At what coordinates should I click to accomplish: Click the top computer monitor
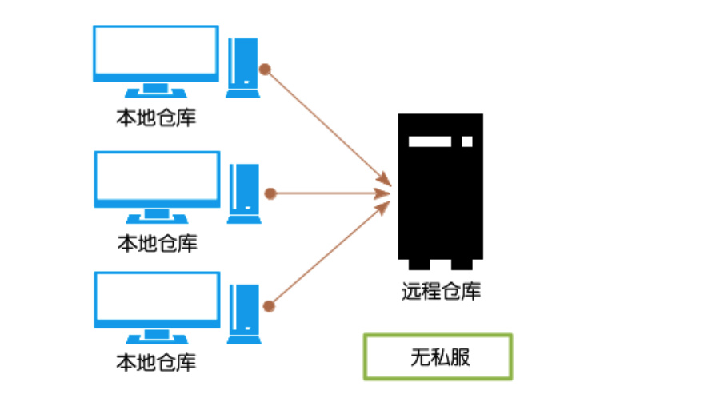[156, 54]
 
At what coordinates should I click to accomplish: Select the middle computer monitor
[157, 179]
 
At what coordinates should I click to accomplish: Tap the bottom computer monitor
[157, 300]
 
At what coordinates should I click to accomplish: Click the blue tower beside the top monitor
[242, 68]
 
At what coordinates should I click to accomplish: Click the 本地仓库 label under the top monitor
[157, 118]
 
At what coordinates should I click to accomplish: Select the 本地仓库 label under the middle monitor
[157, 241]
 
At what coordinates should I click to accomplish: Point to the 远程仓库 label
[441, 291]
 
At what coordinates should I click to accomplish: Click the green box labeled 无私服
[438, 356]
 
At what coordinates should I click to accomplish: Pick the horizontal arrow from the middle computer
[328, 193]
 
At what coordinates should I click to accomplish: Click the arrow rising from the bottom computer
[328, 255]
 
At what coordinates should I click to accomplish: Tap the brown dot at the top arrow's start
[266, 70]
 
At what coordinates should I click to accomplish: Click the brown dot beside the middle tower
[270, 193]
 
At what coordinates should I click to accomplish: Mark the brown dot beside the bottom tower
[269, 304]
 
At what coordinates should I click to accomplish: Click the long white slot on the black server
[430, 141]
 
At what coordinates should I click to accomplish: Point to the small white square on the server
[467, 141]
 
